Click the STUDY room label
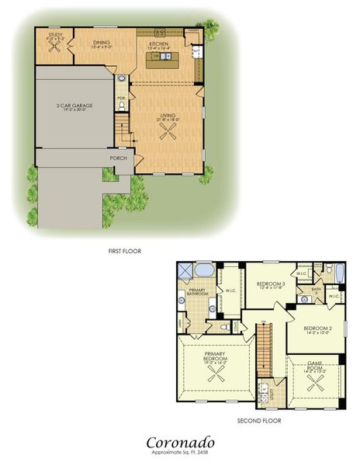coord(55,35)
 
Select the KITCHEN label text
coord(159,44)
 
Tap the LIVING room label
coord(168,116)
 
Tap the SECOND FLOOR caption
coord(259,421)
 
